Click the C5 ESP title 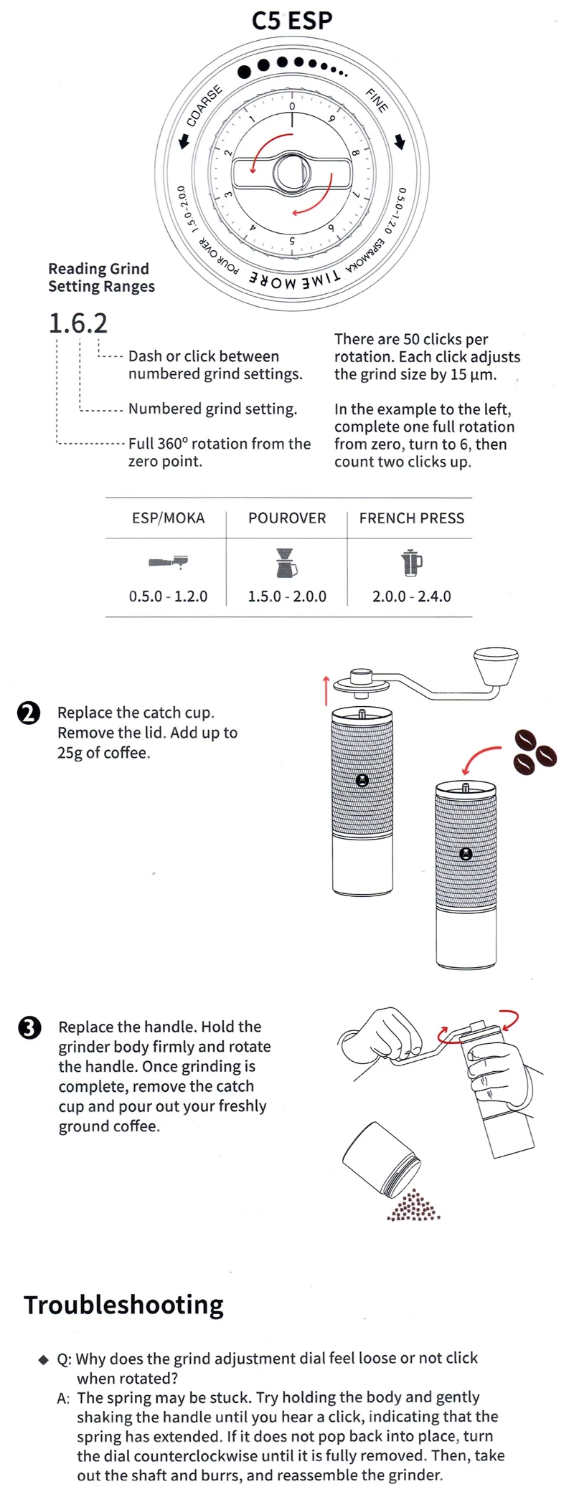(x=291, y=21)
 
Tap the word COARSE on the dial (x=204, y=105)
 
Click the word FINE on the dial (x=377, y=100)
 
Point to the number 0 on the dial (x=292, y=106)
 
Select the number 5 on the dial (x=292, y=241)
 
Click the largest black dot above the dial (x=245, y=71)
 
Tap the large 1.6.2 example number (x=77, y=323)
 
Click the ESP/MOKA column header (x=168, y=518)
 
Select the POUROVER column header (x=287, y=518)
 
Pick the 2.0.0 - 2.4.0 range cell (x=411, y=596)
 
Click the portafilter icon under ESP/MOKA (x=169, y=562)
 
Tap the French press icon (x=412, y=563)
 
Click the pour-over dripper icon (x=286, y=563)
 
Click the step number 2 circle (x=29, y=713)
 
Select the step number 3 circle (x=29, y=1028)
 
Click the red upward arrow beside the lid (x=326, y=690)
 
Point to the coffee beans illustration (x=534, y=752)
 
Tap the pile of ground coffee (x=413, y=1206)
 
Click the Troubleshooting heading (x=123, y=1305)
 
